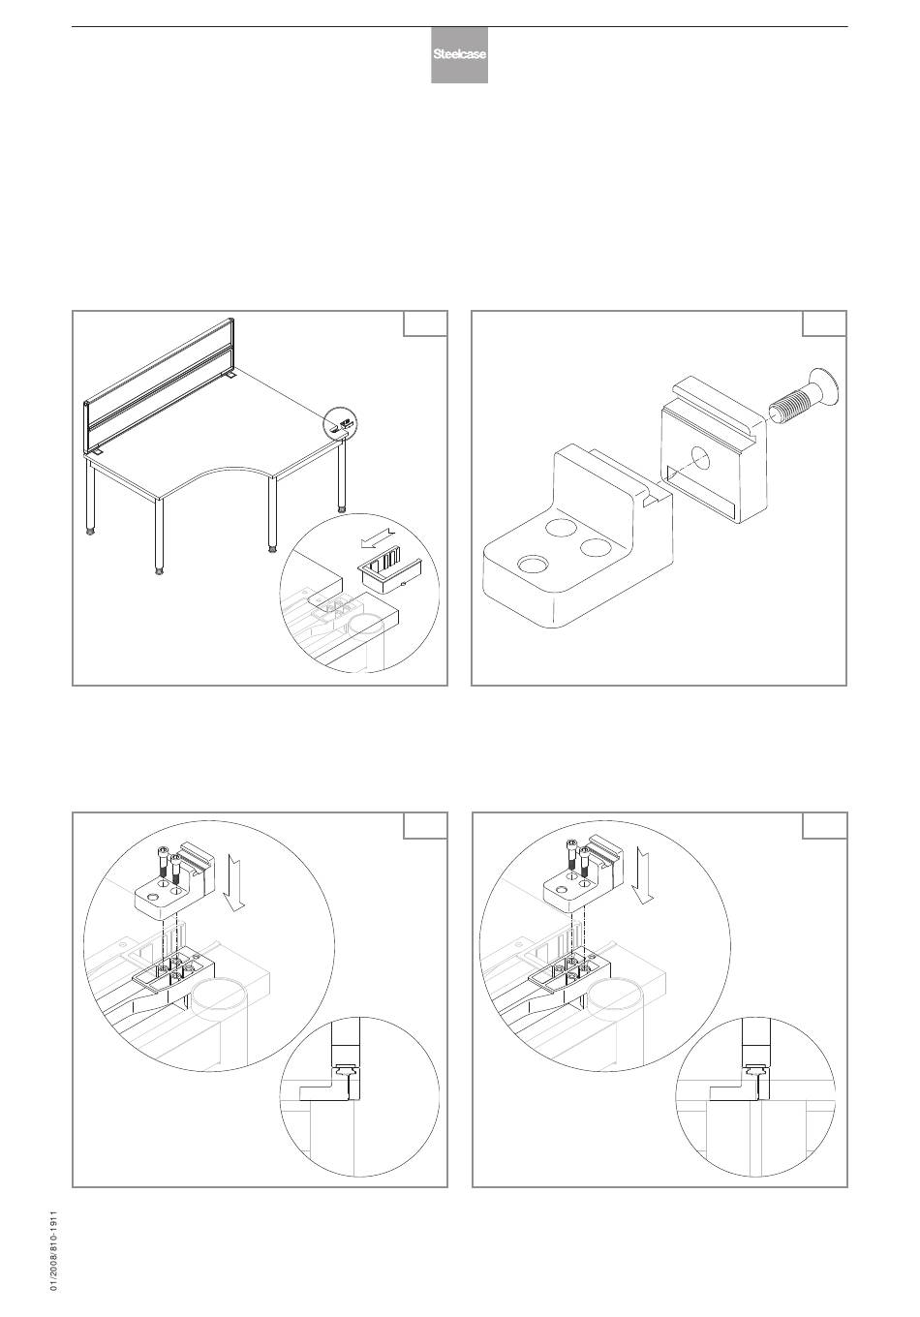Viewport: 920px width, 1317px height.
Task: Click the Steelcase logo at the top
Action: click(x=459, y=54)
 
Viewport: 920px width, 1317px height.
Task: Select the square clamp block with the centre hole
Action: click(x=712, y=449)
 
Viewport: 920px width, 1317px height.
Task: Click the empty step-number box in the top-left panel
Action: click(x=425, y=323)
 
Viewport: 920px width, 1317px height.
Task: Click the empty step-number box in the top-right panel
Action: click(x=824, y=323)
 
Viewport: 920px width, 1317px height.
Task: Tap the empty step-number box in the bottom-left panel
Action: click(x=425, y=825)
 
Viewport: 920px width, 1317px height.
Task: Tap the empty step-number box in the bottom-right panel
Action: click(x=824, y=825)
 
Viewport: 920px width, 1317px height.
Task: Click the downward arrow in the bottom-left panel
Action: click(x=236, y=882)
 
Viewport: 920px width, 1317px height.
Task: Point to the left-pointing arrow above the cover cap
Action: click(x=378, y=537)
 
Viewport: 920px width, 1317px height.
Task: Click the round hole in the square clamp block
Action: click(x=701, y=458)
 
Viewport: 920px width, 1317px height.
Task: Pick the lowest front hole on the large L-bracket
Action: click(x=532, y=565)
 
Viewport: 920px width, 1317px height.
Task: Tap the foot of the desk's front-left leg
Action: click(x=159, y=569)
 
